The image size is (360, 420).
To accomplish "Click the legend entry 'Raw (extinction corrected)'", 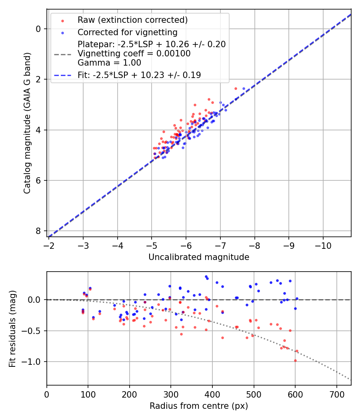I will coord(132,20).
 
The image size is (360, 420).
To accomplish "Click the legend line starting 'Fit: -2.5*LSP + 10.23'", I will coord(139,75).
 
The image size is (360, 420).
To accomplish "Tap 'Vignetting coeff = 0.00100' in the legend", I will coord(134,53).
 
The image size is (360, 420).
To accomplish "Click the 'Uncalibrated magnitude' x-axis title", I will coord(199,257).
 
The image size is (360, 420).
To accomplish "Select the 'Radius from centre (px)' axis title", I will coord(199,406).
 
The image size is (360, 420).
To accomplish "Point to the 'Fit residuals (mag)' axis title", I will coord(13,329).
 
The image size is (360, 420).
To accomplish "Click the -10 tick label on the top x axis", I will coord(323,245).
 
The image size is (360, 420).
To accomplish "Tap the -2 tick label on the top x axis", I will coord(49,245).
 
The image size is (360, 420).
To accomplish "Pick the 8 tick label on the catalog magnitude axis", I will coord(38,231).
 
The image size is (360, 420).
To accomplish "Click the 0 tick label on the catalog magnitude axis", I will coord(38,29).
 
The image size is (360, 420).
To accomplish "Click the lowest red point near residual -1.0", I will coord(295,360).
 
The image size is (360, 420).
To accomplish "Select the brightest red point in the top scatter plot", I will coord(236,88).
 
